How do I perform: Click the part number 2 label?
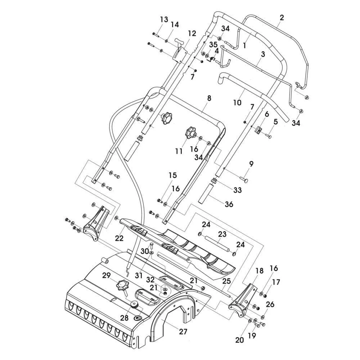pyautogui.click(x=282, y=18)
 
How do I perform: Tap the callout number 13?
pyautogui.click(x=164, y=19)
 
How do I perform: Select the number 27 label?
pyautogui.click(x=183, y=332)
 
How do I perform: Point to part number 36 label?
pyautogui.click(x=229, y=204)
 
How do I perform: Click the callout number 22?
pyautogui.click(x=120, y=238)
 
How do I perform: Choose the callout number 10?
pyautogui.click(x=237, y=102)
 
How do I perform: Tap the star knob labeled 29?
pyautogui.click(x=122, y=286)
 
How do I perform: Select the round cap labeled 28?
pyautogui.click(x=134, y=304)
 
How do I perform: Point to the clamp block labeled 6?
pyautogui.click(x=258, y=130)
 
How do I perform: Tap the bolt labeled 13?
pyautogui.click(x=156, y=34)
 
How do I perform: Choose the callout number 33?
pyautogui.click(x=237, y=190)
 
